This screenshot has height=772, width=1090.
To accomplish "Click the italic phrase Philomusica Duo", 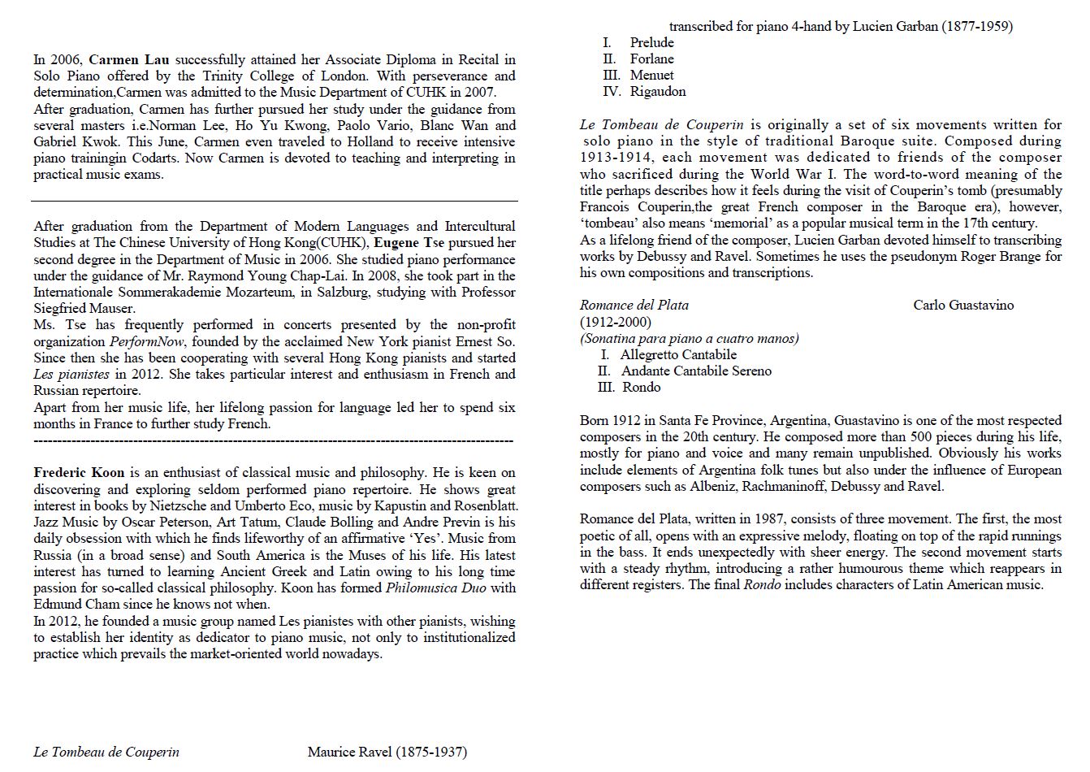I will (x=435, y=588).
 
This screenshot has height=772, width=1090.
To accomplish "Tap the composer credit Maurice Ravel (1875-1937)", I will (x=387, y=752).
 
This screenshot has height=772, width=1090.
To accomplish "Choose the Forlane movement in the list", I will (x=651, y=59).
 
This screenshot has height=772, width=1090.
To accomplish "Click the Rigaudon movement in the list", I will (x=657, y=91).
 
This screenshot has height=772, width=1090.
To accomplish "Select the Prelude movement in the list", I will (x=651, y=42).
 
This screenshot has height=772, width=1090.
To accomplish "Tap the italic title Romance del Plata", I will (x=634, y=305).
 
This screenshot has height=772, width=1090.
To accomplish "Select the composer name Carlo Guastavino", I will (x=963, y=305).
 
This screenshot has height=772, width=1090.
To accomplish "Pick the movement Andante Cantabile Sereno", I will (x=696, y=371).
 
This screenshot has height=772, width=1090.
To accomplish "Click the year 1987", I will (x=769, y=518).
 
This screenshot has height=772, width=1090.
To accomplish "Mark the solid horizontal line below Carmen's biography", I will (x=275, y=200).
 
